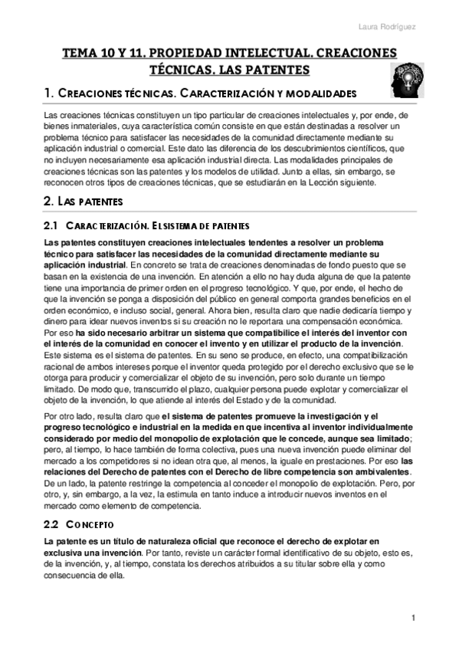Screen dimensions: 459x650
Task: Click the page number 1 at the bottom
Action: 413,618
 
